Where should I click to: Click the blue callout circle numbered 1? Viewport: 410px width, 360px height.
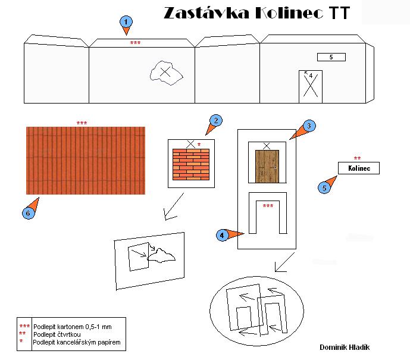(126, 22)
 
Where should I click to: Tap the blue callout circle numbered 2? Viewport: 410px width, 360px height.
(216, 121)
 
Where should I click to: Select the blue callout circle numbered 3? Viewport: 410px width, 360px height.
(309, 126)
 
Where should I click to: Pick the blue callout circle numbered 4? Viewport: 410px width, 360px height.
(223, 235)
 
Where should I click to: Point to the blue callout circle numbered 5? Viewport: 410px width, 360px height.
(324, 187)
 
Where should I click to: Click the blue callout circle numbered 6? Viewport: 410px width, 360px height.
(28, 213)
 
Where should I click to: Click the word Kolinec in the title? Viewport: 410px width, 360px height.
(289, 12)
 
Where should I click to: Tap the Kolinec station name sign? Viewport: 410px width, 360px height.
(359, 168)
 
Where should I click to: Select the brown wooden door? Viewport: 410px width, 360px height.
(267, 166)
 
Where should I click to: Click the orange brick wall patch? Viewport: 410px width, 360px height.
(191, 164)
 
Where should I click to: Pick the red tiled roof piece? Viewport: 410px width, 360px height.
(86, 161)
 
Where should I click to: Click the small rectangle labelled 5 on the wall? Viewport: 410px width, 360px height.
(331, 57)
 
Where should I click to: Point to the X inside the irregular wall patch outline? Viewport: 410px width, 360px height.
(165, 71)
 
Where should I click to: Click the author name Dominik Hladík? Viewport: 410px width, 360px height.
(345, 347)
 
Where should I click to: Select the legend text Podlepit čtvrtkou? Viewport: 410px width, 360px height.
(57, 334)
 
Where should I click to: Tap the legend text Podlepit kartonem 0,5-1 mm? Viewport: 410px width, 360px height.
(73, 327)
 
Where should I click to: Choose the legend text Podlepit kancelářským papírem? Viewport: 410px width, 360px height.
(77, 342)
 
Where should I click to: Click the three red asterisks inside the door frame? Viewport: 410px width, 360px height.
(268, 206)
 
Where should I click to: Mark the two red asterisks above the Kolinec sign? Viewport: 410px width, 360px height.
(357, 158)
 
